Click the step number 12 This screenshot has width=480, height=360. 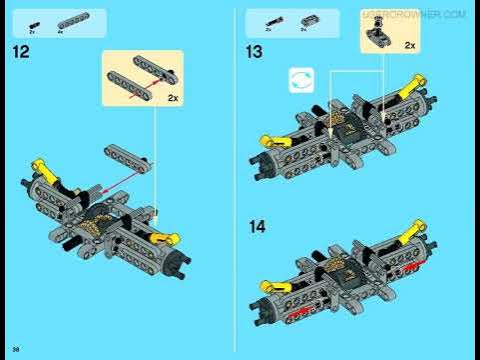point(21,52)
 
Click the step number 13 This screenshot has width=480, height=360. point(255,52)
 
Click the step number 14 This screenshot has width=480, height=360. point(257,226)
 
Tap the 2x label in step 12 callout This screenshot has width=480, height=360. point(172,98)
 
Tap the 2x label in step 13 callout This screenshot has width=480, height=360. point(410,46)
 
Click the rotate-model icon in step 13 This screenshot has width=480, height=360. point(301,81)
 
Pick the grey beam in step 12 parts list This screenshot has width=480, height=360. point(69,20)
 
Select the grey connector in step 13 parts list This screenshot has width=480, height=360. point(305,20)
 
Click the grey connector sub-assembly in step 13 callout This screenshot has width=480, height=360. point(378,37)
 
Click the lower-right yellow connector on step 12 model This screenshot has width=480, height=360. point(169,238)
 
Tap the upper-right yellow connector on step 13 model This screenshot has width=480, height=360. point(411,92)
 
